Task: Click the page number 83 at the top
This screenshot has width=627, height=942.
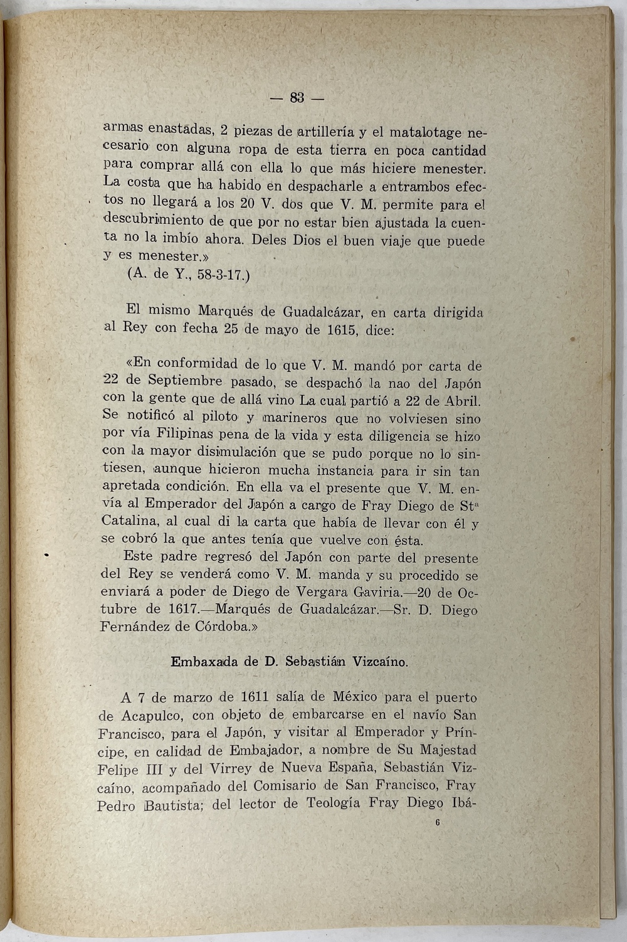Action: (297, 98)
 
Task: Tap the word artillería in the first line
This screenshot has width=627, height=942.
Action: (325, 132)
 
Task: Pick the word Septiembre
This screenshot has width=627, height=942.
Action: (186, 381)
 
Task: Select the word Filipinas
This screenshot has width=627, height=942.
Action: (187, 433)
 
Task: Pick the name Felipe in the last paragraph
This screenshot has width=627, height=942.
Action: (119, 768)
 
